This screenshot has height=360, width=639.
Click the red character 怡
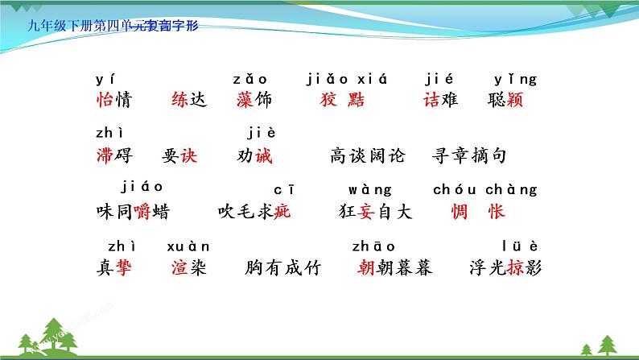coord(103,101)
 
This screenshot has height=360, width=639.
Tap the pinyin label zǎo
coord(251,79)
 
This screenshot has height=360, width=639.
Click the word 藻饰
coord(256,101)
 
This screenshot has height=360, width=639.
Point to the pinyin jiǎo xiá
coord(348,79)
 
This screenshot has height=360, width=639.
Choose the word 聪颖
coord(505,101)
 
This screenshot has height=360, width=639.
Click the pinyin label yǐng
coord(515,79)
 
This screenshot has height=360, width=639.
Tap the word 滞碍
coord(113,156)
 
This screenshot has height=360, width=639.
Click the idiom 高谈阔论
coord(368,156)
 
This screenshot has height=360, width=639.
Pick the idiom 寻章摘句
coord(470,156)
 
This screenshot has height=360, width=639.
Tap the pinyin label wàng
coord(370,191)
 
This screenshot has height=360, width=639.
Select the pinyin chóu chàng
coord(484,191)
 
